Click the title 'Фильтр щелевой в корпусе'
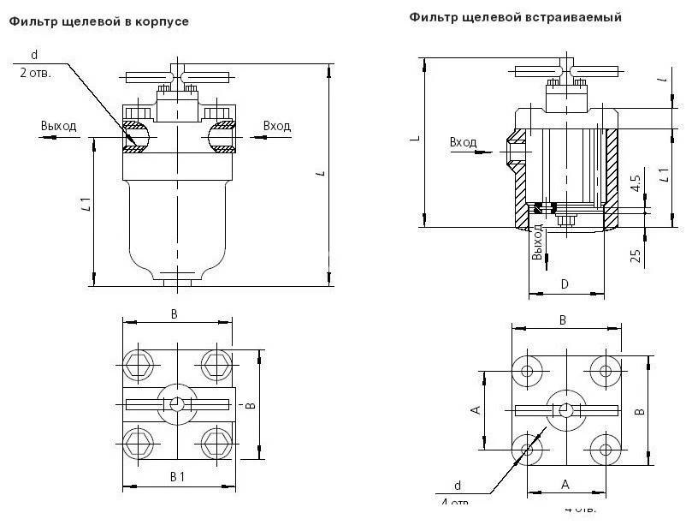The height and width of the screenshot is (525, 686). pyautogui.click(x=99, y=21)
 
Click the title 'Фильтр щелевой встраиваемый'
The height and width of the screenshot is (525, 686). pyautogui.click(x=514, y=17)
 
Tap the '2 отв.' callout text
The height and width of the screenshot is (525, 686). pyautogui.click(x=35, y=73)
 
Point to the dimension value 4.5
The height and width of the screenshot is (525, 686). pyautogui.click(x=635, y=183)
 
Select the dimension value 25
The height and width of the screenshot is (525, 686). pyautogui.click(x=636, y=256)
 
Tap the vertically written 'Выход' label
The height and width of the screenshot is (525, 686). pyautogui.click(x=537, y=243)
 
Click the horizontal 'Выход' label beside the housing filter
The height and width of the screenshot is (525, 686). pyautogui.click(x=58, y=126)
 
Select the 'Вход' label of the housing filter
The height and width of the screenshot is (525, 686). pyautogui.click(x=277, y=126)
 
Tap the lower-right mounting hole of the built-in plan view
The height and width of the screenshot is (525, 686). pyautogui.click(x=606, y=450)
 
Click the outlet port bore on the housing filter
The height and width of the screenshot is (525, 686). pyautogui.click(x=135, y=136)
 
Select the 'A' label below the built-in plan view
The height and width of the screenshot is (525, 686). pyautogui.click(x=565, y=484)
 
